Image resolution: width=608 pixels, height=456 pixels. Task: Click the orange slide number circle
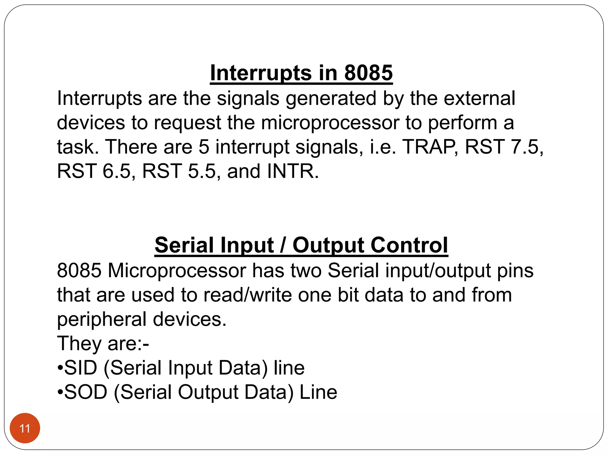click(x=25, y=428)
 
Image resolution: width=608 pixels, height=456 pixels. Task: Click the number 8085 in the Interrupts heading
click(x=368, y=73)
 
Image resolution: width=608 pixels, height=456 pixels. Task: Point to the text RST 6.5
click(x=94, y=171)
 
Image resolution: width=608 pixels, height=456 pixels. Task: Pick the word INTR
click(x=292, y=171)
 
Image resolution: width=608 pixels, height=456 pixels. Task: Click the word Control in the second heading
click(x=409, y=245)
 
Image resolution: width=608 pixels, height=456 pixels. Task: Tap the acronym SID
click(x=80, y=368)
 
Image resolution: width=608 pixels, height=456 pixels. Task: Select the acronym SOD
click(x=85, y=392)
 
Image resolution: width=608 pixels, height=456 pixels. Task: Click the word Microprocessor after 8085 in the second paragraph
click(x=177, y=270)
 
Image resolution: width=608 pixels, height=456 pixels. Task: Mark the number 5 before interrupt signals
click(x=204, y=147)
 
